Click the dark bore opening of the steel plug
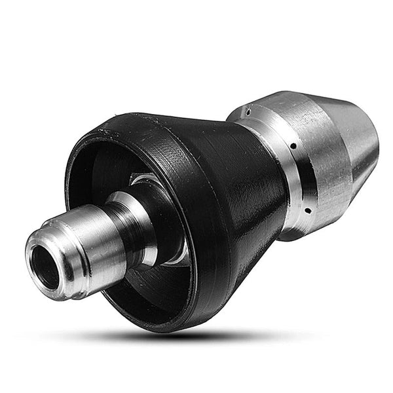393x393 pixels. pyautogui.click(x=45, y=259)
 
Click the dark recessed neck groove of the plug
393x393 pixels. pyautogui.click(x=131, y=226)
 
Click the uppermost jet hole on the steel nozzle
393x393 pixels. pyautogui.click(x=248, y=112)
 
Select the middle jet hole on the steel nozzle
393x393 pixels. pyautogui.click(x=293, y=146)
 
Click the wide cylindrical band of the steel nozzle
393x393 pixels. pyautogui.click(x=321, y=157)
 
